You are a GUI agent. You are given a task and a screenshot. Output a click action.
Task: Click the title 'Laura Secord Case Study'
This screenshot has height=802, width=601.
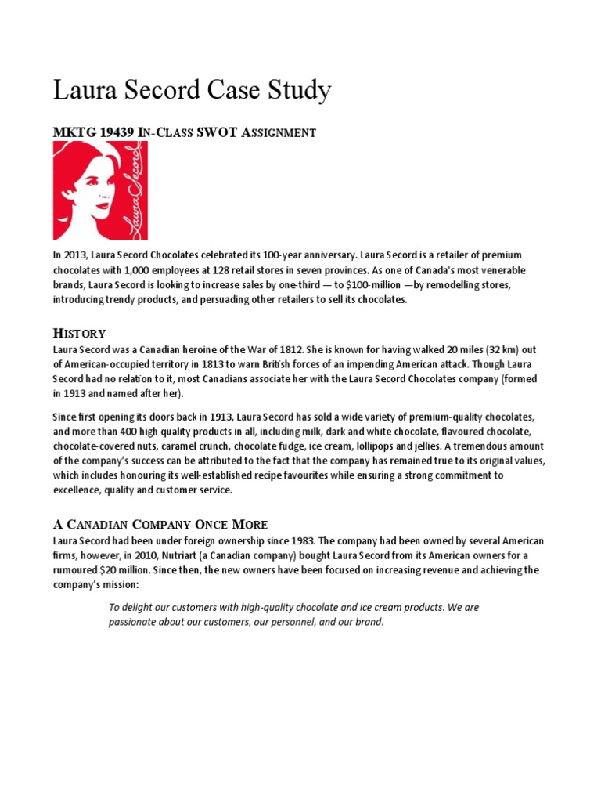[192, 92]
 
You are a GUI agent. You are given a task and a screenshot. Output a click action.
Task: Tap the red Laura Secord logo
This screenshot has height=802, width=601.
[99, 190]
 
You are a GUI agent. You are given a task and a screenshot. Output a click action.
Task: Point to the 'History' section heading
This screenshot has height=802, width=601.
[79, 334]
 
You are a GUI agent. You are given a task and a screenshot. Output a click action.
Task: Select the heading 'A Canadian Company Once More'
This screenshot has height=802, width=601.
[160, 524]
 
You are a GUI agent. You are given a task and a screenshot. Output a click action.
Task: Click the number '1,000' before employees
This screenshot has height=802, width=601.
[125, 270]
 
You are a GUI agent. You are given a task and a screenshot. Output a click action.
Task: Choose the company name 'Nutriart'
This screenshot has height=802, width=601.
[178, 556]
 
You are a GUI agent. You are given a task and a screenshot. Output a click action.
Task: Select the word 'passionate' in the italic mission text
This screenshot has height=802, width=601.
[134, 623]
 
